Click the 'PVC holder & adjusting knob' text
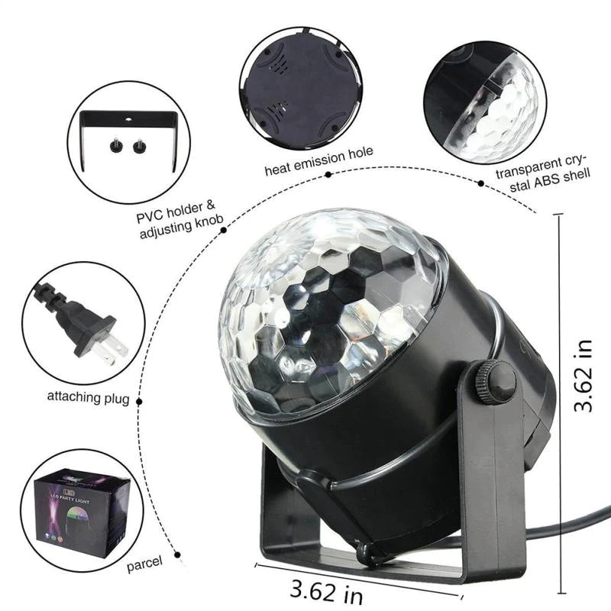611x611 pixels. tap(179, 218)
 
